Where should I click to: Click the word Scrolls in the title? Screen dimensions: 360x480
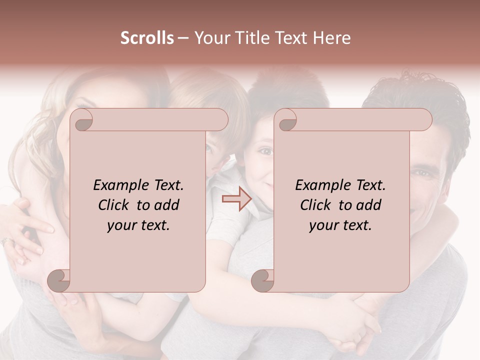[x=147, y=38]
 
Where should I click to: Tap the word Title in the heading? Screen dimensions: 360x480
[x=251, y=38]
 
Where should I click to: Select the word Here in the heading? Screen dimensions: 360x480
[x=332, y=38]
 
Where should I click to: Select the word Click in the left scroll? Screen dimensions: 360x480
[x=114, y=205]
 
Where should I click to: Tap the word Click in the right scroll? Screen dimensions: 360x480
[x=316, y=205]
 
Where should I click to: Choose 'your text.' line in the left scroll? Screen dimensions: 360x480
[x=138, y=225]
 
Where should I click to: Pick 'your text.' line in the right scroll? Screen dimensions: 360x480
[x=340, y=225]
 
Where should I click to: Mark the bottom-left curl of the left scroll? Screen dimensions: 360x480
[x=59, y=280]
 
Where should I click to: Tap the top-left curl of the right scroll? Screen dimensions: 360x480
[x=286, y=120]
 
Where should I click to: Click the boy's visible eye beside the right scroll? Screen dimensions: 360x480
[x=265, y=151]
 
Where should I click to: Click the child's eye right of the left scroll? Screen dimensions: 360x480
[x=210, y=148]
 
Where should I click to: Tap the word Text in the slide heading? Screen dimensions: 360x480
[x=293, y=38]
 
